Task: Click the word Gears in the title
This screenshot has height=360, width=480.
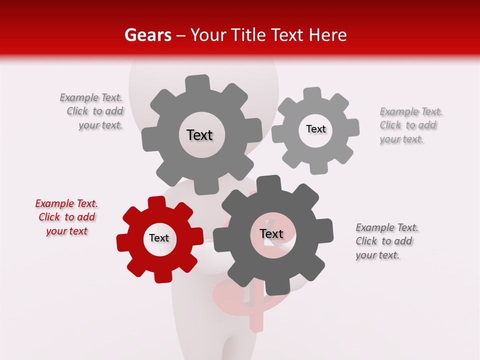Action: coord(147,35)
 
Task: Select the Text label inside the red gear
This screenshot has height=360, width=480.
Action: coord(159,238)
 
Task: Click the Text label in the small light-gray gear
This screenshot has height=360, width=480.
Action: coord(315,129)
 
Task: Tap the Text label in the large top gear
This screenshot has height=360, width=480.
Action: coord(199,135)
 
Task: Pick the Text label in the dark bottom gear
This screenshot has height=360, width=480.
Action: coord(271,233)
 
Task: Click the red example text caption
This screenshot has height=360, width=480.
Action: coord(66,217)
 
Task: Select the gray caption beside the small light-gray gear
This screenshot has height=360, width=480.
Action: coord(410,125)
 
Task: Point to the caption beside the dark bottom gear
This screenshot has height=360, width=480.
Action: coord(386,241)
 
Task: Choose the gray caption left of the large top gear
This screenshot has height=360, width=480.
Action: coord(92,111)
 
